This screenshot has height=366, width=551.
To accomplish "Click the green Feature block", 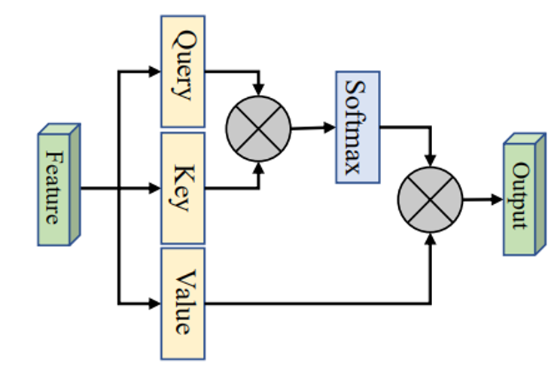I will point(57,186).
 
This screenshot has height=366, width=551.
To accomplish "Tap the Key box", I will point(182,188).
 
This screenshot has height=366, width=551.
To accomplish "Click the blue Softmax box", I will point(357,127).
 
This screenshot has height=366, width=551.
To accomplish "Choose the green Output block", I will point(522,197).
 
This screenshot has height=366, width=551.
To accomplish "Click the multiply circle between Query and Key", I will point(258,129).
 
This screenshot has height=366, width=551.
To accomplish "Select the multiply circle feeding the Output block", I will point(430,200).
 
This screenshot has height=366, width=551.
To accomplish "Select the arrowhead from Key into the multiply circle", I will point(259,167).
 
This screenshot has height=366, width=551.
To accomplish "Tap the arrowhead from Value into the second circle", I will point(430,238).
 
